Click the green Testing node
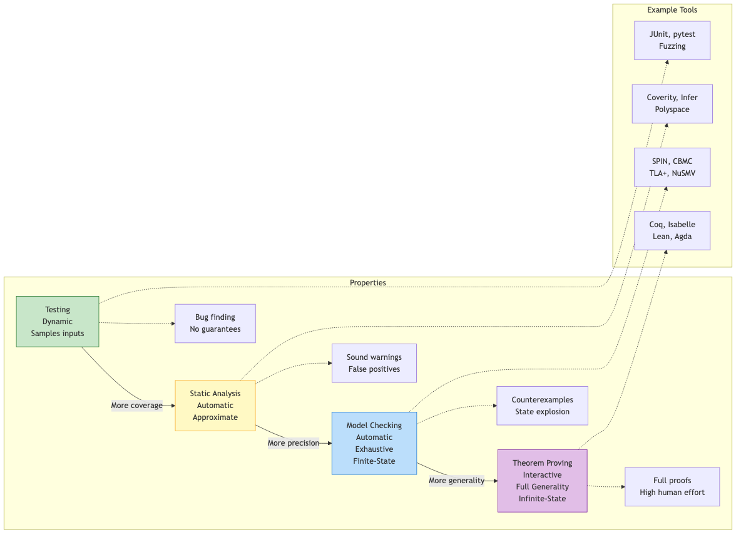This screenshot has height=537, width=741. [x=58, y=322]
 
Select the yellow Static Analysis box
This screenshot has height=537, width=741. [x=215, y=406]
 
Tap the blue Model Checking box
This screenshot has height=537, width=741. [x=374, y=443]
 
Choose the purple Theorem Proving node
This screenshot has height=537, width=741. [x=542, y=481]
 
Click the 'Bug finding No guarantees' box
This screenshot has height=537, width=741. [x=215, y=324]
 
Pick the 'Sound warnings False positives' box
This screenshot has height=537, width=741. [x=374, y=363]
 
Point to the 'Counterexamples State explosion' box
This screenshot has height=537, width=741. [x=542, y=406]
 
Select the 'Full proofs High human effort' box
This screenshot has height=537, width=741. [x=672, y=486]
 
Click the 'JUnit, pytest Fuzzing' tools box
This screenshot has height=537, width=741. [x=672, y=40]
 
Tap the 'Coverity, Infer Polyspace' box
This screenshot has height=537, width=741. [x=672, y=103]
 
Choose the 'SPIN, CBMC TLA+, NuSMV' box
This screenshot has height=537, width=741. [x=672, y=167]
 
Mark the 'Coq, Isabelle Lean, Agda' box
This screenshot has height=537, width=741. [x=672, y=230]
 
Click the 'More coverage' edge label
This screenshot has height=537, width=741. [x=136, y=406]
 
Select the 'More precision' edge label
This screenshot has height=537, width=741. [x=294, y=443]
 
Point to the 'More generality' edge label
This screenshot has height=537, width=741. [x=456, y=481]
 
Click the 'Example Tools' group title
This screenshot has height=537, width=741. [x=672, y=10]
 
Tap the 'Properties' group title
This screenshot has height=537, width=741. [x=368, y=283]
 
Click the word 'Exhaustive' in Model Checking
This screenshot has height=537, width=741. [x=374, y=449]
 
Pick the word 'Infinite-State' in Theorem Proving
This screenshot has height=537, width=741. [x=542, y=499]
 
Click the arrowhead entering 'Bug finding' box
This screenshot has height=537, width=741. [x=173, y=324]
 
